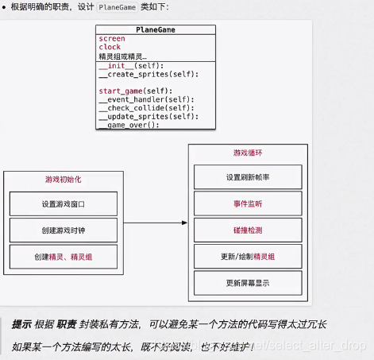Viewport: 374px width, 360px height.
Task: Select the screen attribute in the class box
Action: [x=111, y=39]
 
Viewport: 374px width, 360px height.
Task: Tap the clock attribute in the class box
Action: [x=110, y=48]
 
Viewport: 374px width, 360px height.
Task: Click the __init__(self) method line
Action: [x=130, y=66]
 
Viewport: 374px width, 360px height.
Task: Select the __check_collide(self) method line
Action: [x=144, y=108]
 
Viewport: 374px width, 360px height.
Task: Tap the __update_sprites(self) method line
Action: [x=147, y=117]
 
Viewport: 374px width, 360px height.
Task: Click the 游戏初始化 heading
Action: [x=63, y=179]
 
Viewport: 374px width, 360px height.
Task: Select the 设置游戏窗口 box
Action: [x=63, y=203]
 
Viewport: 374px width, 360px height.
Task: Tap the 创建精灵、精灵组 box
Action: [x=63, y=257]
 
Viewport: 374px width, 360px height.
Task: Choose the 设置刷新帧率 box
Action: [x=248, y=176]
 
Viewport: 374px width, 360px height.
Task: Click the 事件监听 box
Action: [x=248, y=203]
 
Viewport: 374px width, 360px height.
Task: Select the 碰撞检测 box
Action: [x=248, y=230]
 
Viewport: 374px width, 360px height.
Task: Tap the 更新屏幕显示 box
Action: [x=248, y=282]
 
